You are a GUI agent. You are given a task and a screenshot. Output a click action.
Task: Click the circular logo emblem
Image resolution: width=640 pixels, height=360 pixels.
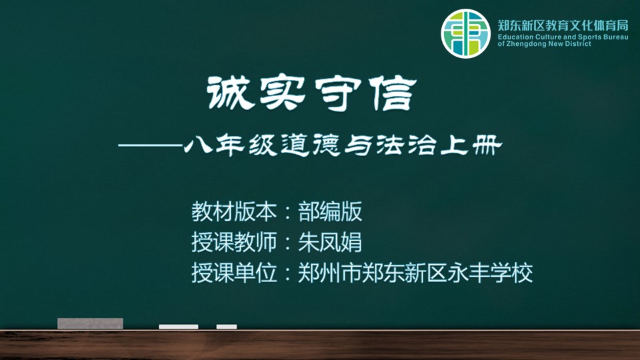465,33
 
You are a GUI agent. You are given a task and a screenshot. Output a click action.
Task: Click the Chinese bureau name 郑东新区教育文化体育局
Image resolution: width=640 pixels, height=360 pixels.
563,25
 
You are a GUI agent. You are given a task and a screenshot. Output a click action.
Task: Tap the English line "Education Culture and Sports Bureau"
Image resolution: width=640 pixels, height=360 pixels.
563,37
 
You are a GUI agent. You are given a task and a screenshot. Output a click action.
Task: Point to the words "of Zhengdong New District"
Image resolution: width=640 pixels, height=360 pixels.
544,44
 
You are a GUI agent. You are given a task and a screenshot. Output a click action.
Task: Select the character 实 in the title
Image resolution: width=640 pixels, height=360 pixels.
283,93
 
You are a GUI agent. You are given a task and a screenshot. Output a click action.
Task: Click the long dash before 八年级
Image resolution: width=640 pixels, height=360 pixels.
150,145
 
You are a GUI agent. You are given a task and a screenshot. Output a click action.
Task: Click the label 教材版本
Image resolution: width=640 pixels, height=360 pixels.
234,211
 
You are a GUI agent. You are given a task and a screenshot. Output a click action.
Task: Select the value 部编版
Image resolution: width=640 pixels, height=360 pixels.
330,211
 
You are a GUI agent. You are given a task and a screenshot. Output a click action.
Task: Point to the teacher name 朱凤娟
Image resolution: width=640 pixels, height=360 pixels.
330,242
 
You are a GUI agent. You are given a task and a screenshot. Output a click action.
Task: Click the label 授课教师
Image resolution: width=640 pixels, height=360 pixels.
234,242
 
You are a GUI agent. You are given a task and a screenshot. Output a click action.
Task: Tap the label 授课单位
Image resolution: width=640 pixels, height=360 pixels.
234,273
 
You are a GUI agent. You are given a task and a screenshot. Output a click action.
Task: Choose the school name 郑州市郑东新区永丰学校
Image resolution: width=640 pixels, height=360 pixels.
415,273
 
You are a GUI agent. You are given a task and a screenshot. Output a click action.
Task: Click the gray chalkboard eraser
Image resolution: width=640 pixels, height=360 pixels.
90,323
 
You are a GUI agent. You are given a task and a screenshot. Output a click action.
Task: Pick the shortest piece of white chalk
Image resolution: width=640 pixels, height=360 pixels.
227,327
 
